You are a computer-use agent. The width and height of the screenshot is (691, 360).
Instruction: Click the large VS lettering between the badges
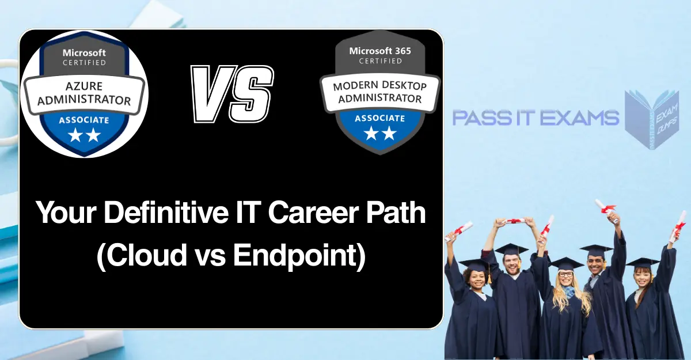pyautogui.click(x=231, y=93)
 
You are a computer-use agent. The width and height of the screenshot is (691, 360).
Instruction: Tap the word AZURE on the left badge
pyautogui.click(x=84, y=86)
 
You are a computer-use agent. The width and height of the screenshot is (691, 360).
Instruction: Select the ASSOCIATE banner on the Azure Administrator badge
pyautogui.click(x=84, y=120)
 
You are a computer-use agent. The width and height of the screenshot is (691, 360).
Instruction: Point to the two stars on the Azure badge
pyautogui.click(x=84, y=136)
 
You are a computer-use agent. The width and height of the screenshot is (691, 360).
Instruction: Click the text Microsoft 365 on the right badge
pyautogui.click(x=380, y=51)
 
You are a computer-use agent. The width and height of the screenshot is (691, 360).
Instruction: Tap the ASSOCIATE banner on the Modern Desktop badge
pyautogui.click(x=380, y=118)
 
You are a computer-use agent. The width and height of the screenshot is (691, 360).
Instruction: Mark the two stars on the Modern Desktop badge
pyautogui.click(x=380, y=134)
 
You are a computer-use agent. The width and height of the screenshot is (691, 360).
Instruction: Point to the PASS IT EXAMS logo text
pyautogui.click(x=535, y=118)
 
